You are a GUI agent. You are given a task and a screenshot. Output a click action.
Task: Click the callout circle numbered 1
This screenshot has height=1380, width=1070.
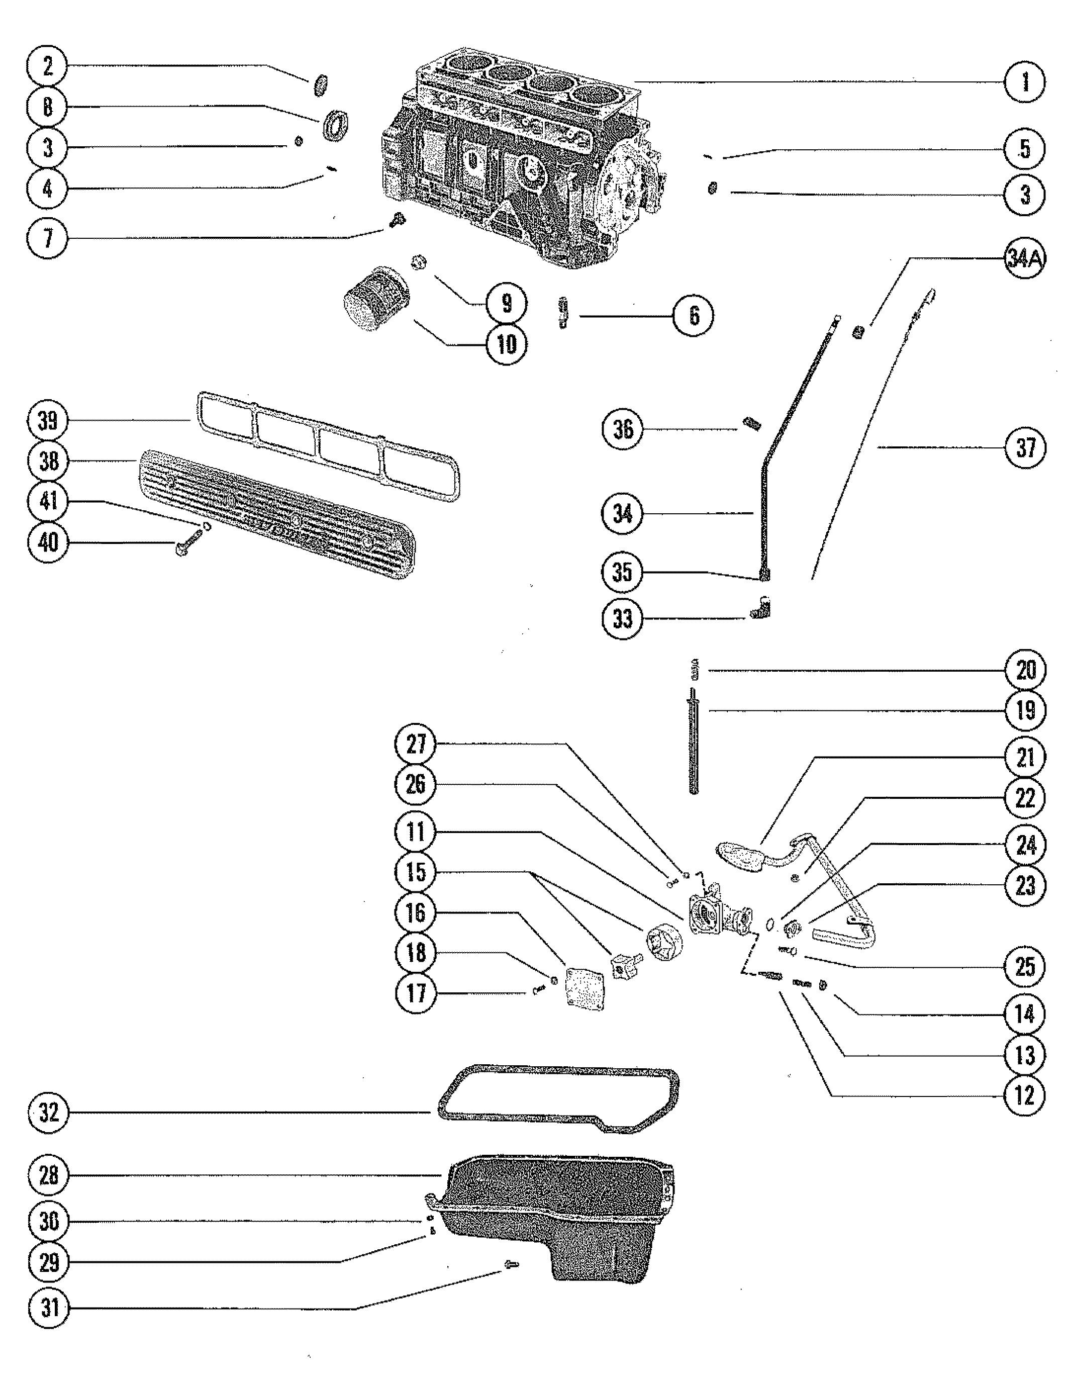click(1025, 81)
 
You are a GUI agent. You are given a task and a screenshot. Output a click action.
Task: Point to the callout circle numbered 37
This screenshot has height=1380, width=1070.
click(1025, 447)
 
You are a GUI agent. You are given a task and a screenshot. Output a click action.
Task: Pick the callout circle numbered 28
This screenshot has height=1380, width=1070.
click(49, 1175)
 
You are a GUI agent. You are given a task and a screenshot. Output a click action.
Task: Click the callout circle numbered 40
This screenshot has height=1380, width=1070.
click(49, 542)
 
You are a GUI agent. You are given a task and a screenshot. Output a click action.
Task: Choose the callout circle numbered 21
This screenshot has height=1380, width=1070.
click(1025, 756)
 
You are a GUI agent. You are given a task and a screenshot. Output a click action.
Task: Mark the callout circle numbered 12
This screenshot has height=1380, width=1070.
click(1025, 1095)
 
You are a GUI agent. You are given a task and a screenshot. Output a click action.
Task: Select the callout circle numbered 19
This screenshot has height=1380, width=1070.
click(1025, 710)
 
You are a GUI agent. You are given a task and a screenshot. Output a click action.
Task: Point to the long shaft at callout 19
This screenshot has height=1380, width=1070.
click(694, 746)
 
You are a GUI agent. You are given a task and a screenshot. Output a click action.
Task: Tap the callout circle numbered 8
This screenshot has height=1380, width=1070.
click(49, 106)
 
